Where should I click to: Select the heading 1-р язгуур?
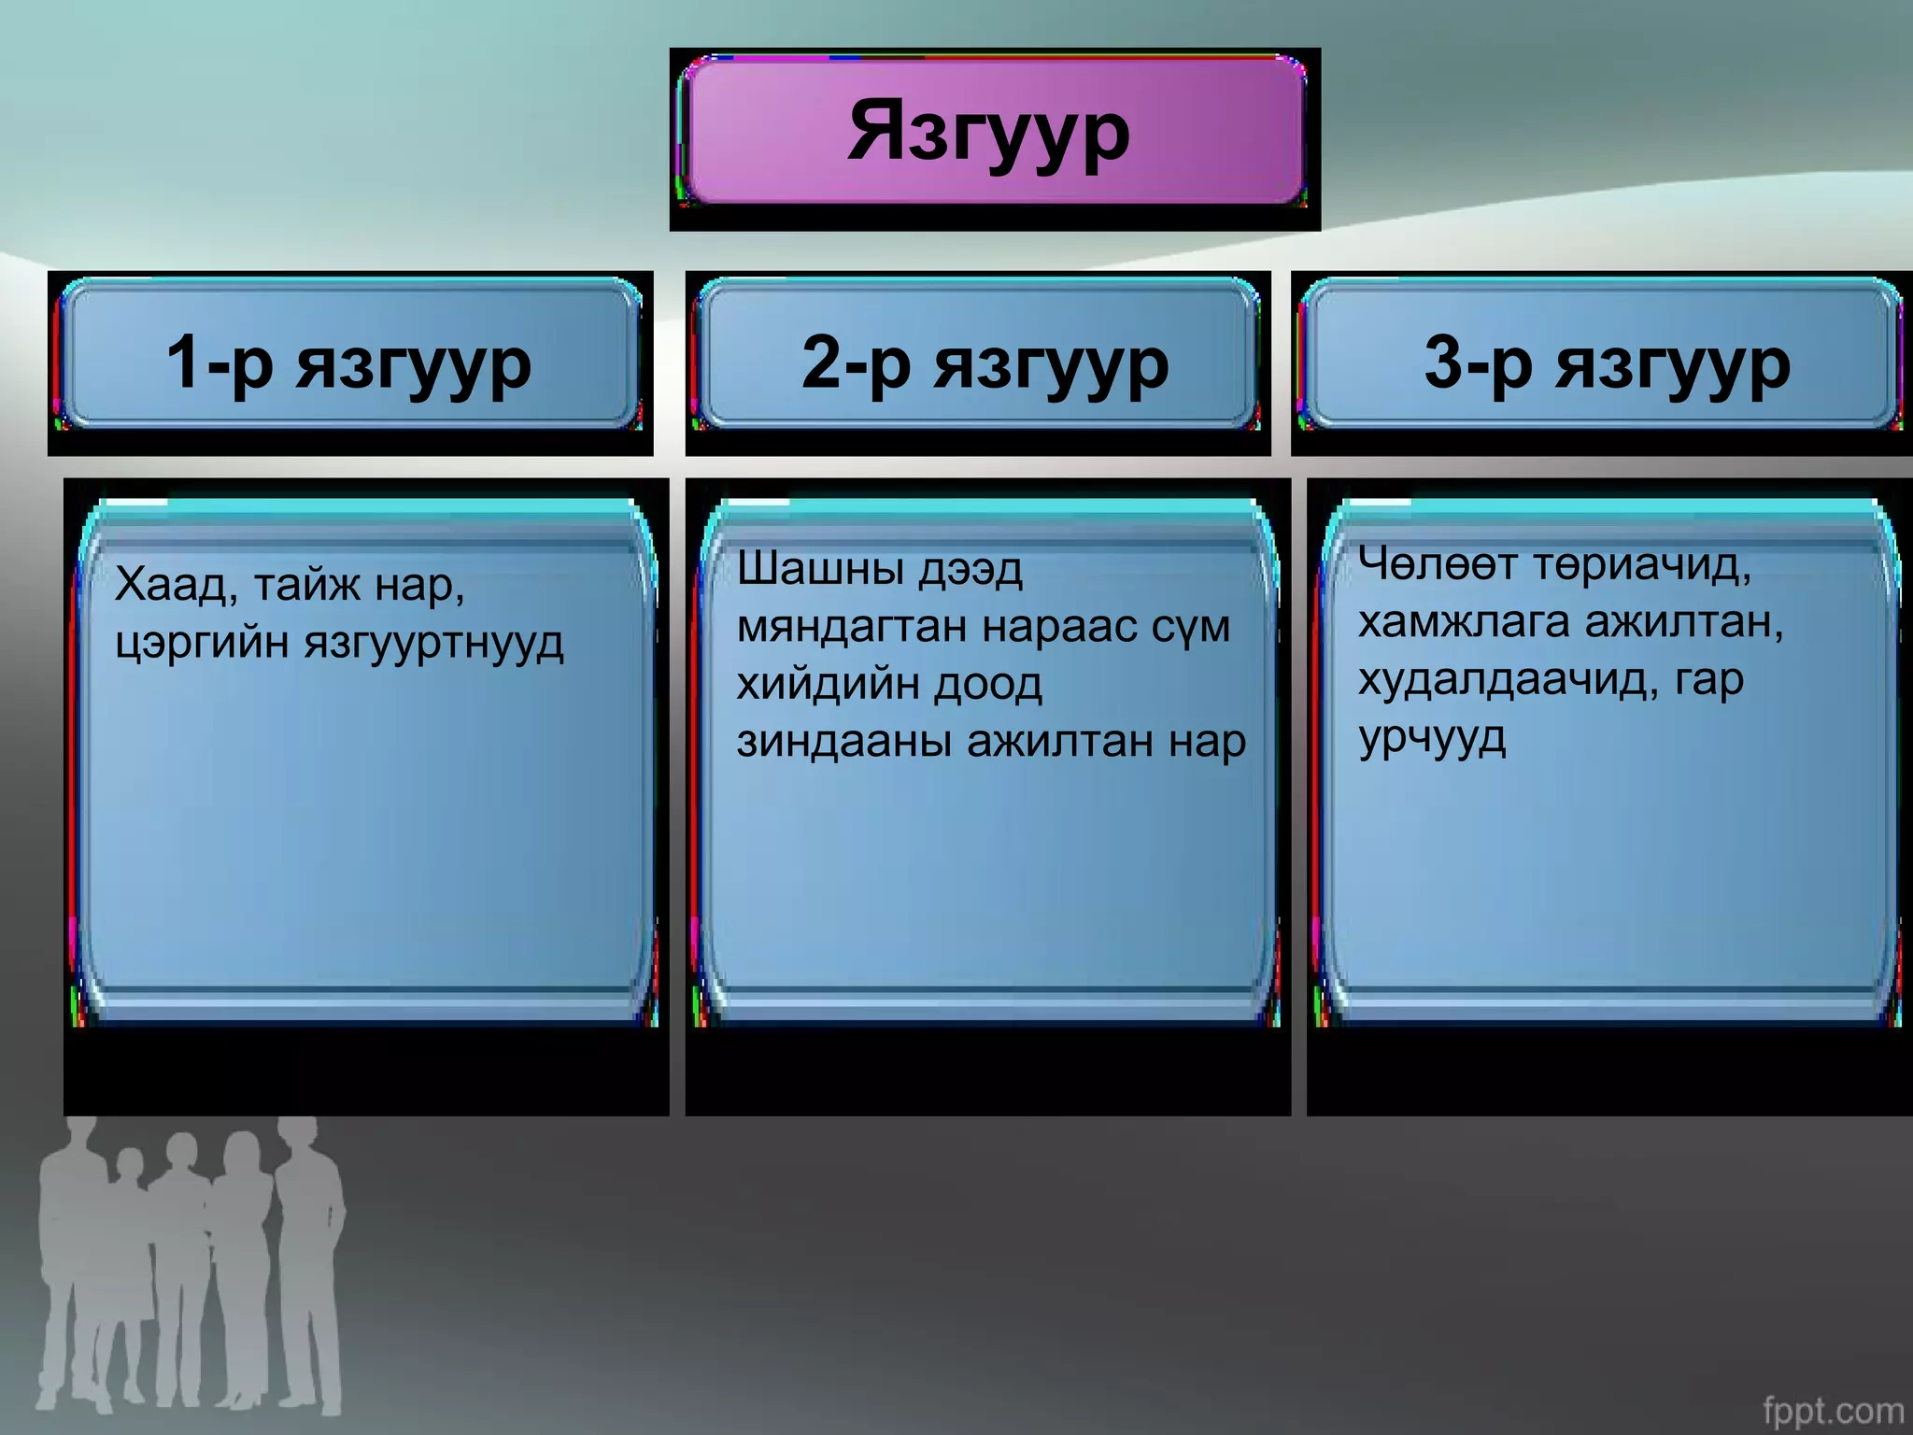click(x=348, y=362)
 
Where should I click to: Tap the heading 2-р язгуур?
click(x=985, y=362)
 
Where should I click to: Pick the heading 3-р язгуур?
click(x=1607, y=362)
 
